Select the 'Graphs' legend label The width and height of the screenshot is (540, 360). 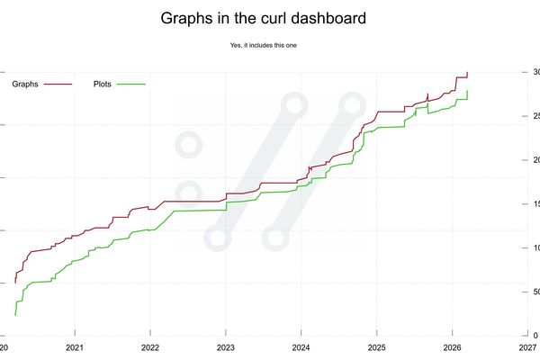[x=24, y=85]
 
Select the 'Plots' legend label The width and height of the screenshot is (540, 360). [x=105, y=85]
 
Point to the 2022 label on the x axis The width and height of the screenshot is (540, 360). [x=150, y=346]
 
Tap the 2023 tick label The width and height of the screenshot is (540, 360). [x=226, y=346]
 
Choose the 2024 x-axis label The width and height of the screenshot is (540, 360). [x=301, y=346]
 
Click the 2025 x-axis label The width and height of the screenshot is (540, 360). [x=377, y=346]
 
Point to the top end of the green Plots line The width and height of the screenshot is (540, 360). [x=467, y=91]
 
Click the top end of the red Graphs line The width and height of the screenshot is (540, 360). [x=467, y=73]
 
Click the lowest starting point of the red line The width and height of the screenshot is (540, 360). [x=15, y=283]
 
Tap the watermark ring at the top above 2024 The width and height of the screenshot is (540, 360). [x=292, y=106]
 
